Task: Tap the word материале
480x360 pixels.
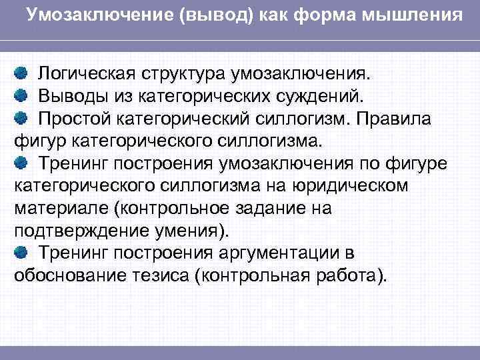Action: tap(61, 208)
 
